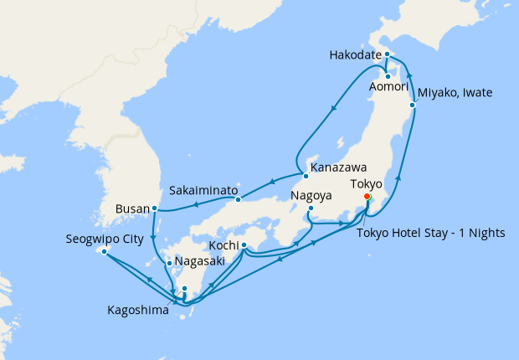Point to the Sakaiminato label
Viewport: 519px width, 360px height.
point(202,190)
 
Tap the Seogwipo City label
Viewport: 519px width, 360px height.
point(104,239)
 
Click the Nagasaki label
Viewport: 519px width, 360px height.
point(200,262)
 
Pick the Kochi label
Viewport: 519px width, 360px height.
point(222,245)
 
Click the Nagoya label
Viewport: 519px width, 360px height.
point(312,196)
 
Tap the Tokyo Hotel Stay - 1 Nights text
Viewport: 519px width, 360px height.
point(431,233)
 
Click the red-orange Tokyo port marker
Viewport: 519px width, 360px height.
point(367,197)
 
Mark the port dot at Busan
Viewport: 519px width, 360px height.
point(155,208)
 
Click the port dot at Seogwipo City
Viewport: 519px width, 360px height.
point(104,251)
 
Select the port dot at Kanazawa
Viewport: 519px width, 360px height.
point(302,174)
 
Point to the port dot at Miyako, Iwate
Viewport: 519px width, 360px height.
point(413,105)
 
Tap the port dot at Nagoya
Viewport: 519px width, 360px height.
point(310,208)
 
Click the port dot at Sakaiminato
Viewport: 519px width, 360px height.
point(238,198)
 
